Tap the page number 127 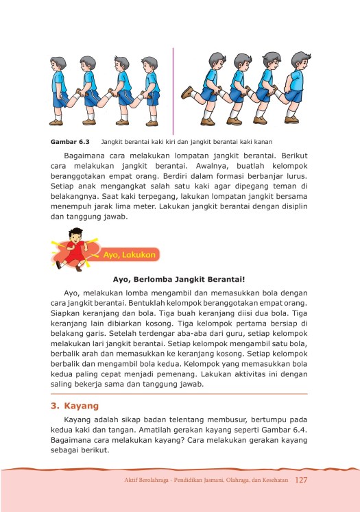tap(302, 479)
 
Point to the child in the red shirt tap(70, 249)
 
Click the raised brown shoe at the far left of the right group tap(187, 91)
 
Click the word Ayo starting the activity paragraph tap(71, 291)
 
